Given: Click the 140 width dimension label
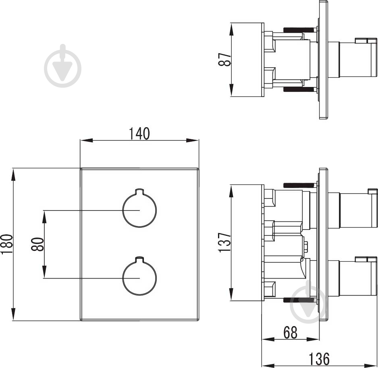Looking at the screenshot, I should point(139,133).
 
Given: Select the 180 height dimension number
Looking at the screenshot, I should point(7,244).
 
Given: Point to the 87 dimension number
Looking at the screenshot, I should point(227,60).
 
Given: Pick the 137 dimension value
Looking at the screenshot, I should point(225,242).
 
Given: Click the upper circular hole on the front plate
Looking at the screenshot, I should point(139,210).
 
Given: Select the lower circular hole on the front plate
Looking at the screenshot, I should point(139,278).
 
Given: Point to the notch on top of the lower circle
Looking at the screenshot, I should point(139,258).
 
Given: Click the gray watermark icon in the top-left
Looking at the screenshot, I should point(62,66).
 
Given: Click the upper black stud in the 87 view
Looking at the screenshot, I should point(299,29).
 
